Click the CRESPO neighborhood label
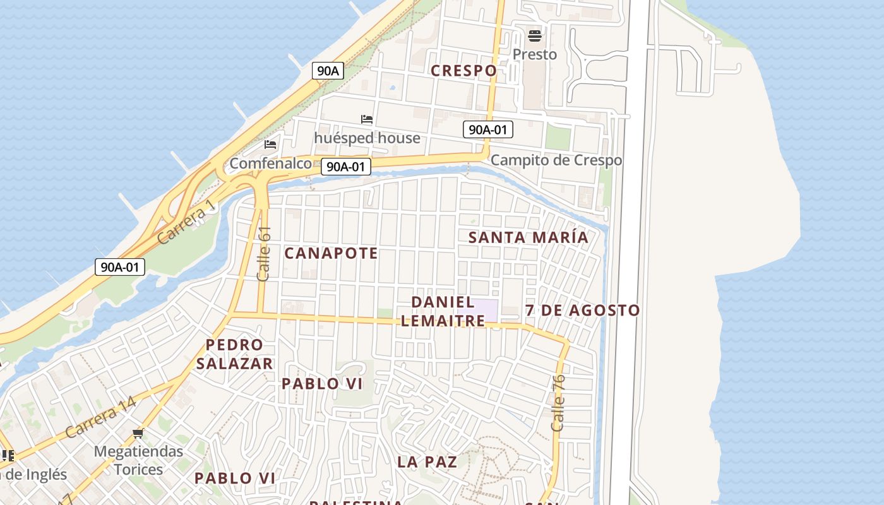(463, 71)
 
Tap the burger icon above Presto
(535, 35)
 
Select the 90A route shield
(327, 71)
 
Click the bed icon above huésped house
(367, 119)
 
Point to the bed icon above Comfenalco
(270, 145)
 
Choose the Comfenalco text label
(270, 163)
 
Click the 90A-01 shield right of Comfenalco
(345, 167)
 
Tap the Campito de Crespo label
(556, 160)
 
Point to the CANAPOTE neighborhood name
(331, 254)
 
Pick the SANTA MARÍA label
(528, 237)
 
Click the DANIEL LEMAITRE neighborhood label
(443, 311)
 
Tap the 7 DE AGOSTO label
(582, 311)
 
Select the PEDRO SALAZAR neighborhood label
(234, 354)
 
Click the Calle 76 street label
(558, 403)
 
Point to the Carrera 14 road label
(100, 418)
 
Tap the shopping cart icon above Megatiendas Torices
(138, 434)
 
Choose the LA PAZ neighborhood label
(427, 462)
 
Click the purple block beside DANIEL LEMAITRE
(487, 310)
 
